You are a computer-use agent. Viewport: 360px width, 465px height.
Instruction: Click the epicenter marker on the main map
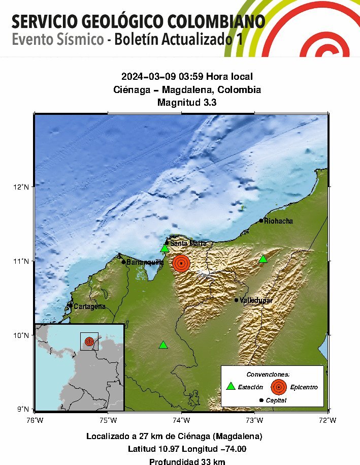(181, 263)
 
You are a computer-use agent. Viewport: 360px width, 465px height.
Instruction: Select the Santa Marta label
(188, 243)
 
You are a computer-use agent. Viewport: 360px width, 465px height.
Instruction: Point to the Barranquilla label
(145, 262)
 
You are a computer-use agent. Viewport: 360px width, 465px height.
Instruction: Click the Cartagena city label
(89, 306)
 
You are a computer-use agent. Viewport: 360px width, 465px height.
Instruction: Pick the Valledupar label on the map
(256, 300)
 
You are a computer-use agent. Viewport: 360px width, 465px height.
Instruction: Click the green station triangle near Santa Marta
(165, 249)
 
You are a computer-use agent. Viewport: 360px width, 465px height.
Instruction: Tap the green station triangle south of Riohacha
(263, 259)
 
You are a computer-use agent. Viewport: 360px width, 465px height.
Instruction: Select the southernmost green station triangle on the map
(163, 345)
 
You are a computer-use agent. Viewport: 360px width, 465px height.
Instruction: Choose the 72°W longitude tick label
(328, 420)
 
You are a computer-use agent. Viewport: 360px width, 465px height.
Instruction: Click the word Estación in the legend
(250, 387)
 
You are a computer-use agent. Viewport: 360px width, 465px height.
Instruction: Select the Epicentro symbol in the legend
(278, 387)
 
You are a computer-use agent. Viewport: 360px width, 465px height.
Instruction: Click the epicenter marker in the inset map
(89, 342)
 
